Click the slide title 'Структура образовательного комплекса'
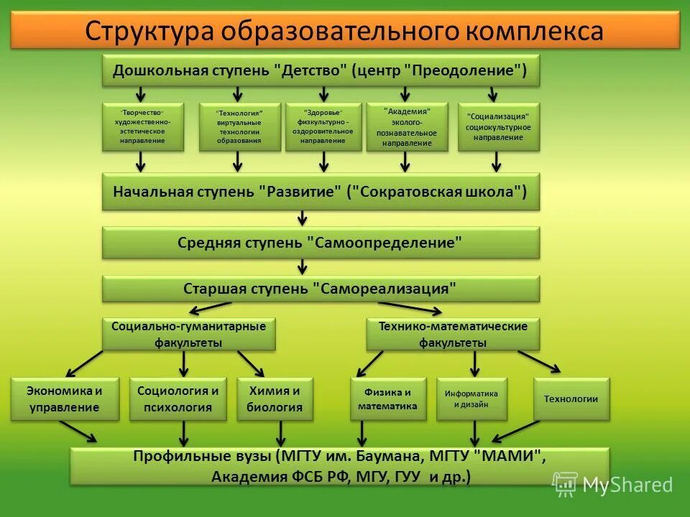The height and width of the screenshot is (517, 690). (344, 31)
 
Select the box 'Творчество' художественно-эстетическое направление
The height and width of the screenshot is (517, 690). (143, 126)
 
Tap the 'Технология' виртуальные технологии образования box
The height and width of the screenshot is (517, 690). (239, 127)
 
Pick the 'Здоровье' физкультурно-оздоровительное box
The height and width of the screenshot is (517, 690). (323, 126)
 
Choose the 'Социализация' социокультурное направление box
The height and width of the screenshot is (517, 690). (498, 126)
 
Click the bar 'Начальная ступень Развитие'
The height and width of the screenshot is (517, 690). (321, 192)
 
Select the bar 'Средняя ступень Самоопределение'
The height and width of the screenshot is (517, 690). (321, 243)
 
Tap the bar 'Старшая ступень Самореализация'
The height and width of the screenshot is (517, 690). (321, 289)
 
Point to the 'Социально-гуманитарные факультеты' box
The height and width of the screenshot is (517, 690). (188, 334)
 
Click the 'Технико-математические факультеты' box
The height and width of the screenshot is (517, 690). (453, 334)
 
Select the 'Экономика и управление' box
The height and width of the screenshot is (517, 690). (65, 399)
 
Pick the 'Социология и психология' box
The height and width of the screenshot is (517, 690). (178, 399)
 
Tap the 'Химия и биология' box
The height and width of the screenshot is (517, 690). (275, 399)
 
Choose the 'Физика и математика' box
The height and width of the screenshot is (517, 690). (388, 399)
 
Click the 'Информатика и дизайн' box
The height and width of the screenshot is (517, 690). (471, 399)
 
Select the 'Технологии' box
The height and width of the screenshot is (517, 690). (571, 399)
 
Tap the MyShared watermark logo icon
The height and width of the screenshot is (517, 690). (565, 484)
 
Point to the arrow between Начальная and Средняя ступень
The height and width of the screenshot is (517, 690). (302, 218)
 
